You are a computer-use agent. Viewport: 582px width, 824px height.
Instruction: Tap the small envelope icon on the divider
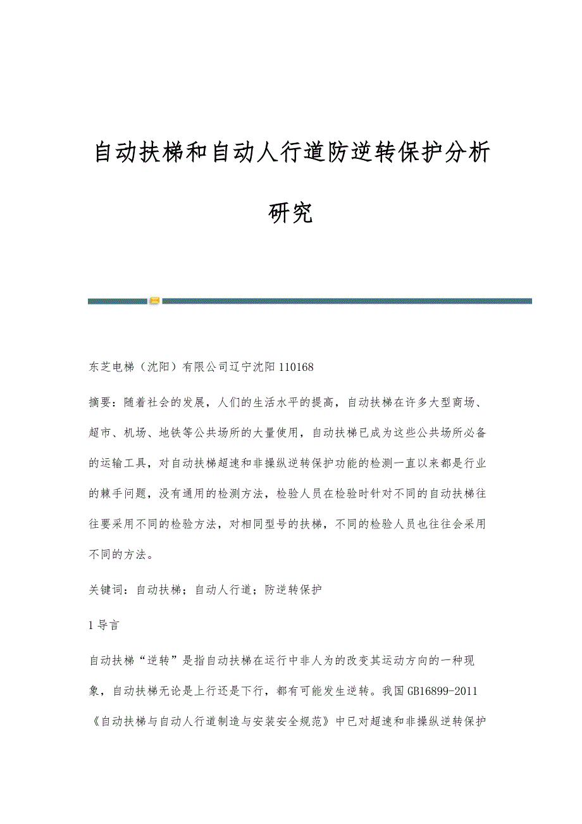pos(154,301)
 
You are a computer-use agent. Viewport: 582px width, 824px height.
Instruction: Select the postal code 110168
pos(297,366)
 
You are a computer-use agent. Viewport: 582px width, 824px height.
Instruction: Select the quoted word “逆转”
pos(161,661)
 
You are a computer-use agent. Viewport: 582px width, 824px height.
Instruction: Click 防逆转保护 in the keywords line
pos(294,590)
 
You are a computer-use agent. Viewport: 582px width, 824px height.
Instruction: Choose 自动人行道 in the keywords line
pos(223,590)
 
